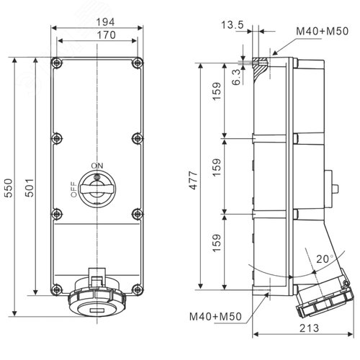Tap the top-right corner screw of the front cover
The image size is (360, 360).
[x=135, y=63]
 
